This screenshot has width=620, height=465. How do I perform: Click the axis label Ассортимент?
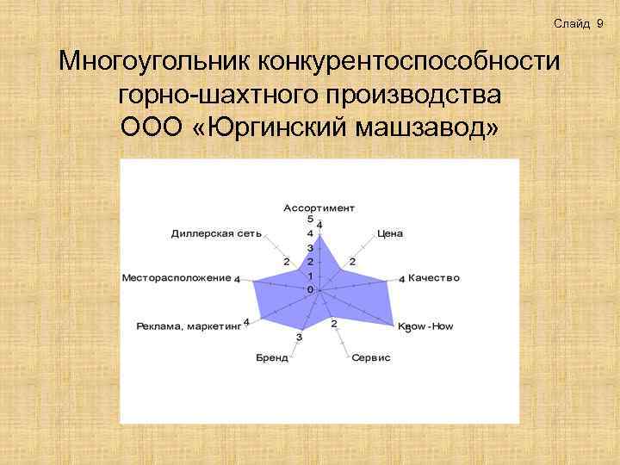coord(319,208)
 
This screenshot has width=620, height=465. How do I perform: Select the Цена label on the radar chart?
coord(390,233)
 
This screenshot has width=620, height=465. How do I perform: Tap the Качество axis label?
coord(434,278)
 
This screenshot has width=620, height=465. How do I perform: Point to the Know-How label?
coord(425,326)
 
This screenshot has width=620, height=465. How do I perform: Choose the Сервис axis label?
coord(371,357)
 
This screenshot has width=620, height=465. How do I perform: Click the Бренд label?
coord(272,357)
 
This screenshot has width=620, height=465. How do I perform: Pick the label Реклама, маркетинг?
coord(189,326)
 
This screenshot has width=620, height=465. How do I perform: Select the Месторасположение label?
coord(177,278)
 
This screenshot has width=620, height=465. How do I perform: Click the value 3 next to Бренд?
coord(299,338)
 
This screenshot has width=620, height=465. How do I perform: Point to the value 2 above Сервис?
coord(334,323)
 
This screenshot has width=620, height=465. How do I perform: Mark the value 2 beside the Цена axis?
coord(352,262)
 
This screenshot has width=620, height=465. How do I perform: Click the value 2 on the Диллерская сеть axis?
coord(286,262)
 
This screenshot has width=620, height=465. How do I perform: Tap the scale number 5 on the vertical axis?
coord(310,219)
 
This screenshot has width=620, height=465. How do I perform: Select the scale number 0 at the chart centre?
coord(310,290)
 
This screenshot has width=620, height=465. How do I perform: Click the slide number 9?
coord(598,23)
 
